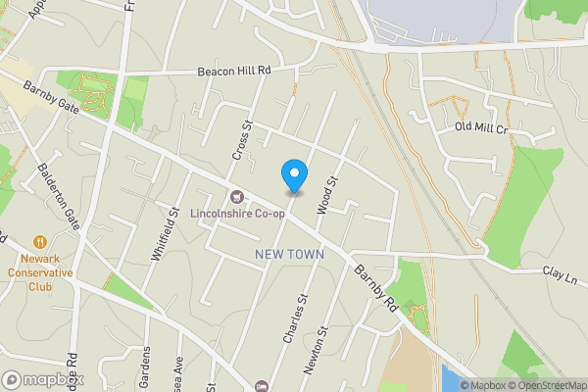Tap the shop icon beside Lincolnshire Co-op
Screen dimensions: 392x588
pyautogui.click(x=236, y=197)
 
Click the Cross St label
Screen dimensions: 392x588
pyautogui.click(x=242, y=140)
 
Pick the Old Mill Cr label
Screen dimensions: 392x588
pyautogui.click(x=481, y=128)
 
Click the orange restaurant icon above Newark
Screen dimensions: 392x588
pyautogui.click(x=39, y=241)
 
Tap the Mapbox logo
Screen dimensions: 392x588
pyautogui.click(x=43, y=379)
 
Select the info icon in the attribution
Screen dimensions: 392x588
pyautogui.click(x=452, y=384)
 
